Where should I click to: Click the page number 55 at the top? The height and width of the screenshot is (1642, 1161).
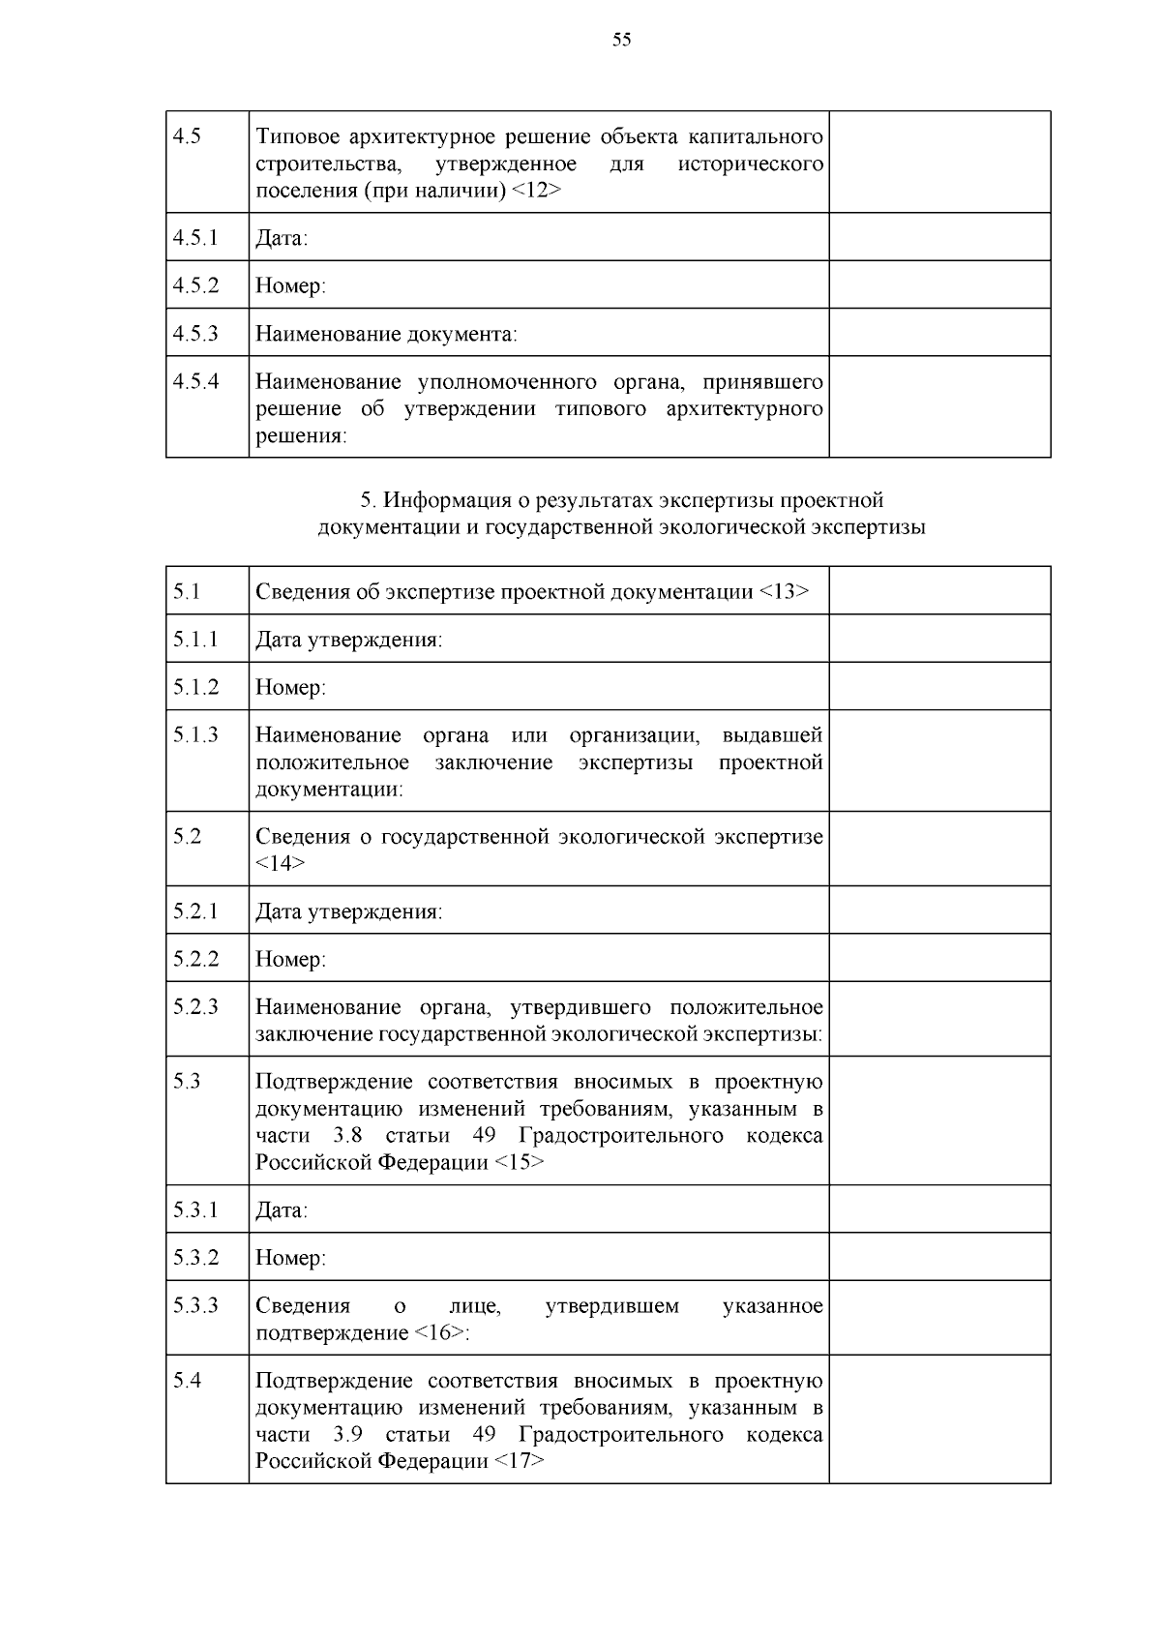[621, 40]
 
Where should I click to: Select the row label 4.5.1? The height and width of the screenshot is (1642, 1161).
[195, 237]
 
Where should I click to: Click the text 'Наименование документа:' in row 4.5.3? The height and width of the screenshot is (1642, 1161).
[386, 335]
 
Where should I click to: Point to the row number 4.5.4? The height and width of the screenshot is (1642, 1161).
[195, 381]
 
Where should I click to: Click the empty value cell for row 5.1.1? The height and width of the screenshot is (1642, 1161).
[938, 639]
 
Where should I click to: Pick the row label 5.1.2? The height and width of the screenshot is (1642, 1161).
[195, 687]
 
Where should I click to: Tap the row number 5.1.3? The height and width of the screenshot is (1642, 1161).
[195, 735]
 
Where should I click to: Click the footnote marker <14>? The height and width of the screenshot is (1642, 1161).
[281, 863]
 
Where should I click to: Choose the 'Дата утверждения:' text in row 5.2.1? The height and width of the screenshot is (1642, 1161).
[348, 911]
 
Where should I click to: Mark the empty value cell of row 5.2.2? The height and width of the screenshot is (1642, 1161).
[938, 958]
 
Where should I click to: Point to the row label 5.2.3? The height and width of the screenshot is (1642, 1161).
[195, 1007]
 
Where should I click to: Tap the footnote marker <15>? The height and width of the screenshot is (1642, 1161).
[519, 1162]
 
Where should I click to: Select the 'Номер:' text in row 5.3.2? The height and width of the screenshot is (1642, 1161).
[290, 1258]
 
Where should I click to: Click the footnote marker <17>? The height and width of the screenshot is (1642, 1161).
[519, 1461]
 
